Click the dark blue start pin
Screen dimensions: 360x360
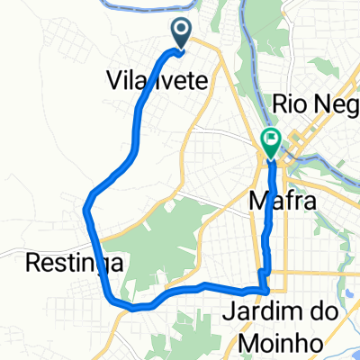click(182, 34)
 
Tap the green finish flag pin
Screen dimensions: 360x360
click(270, 140)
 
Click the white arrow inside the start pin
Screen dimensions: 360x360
click(182, 31)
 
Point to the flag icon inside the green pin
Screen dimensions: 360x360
click(270, 138)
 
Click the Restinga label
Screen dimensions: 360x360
click(59, 262)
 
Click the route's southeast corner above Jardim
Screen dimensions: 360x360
click(265, 289)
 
